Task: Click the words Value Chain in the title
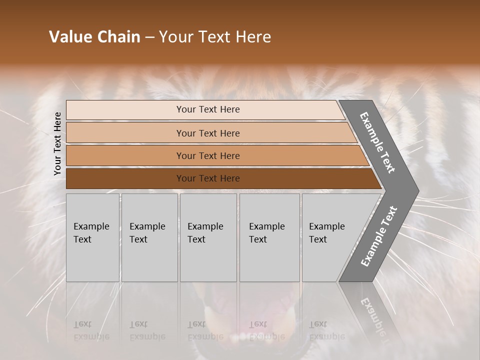point(94,37)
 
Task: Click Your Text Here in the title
point(215,37)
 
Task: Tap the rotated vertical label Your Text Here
point(57,143)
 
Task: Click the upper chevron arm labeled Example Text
point(378,143)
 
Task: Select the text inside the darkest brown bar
point(208,178)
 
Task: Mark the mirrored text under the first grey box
point(91,330)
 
